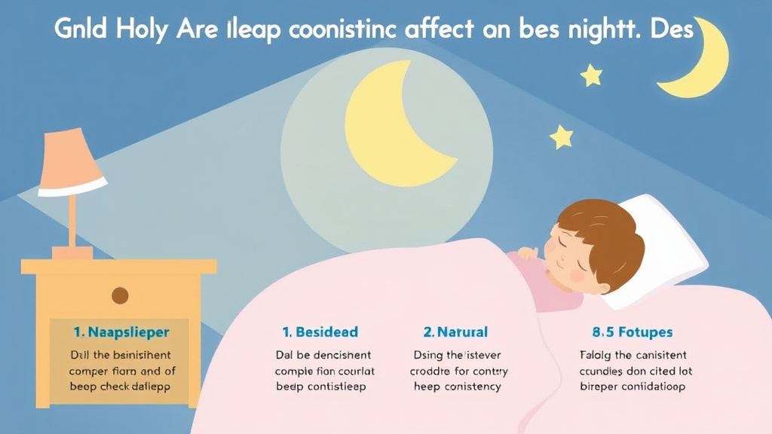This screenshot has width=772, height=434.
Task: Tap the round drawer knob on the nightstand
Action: tap(120, 295)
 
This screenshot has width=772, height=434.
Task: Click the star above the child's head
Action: tap(561, 136)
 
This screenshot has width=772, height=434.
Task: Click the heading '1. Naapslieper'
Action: tap(121, 331)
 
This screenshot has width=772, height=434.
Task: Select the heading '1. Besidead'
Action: tap(320, 332)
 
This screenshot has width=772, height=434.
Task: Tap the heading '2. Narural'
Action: tap(455, 332)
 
